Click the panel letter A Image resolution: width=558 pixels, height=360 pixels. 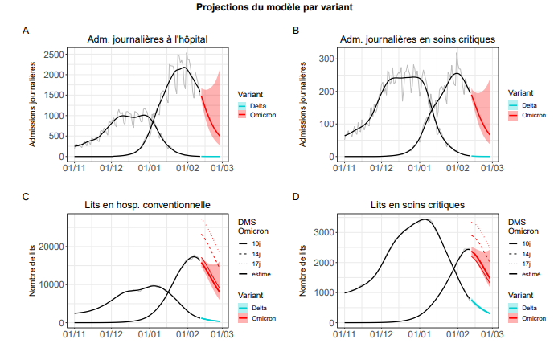click(27, 31)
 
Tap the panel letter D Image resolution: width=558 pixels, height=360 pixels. click(296, 196)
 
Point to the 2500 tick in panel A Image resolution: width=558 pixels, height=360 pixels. click(54, 55)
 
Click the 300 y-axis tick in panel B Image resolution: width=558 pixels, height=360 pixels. click(327, 59)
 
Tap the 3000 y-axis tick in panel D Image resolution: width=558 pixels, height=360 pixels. click(325, 233)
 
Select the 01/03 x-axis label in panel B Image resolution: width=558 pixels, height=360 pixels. click(493, 168)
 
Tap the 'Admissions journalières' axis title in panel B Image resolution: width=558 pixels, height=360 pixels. click(303, 105)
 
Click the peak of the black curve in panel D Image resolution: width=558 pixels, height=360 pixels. click(425, 219)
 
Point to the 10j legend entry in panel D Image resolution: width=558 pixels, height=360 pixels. click(527, 243)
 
